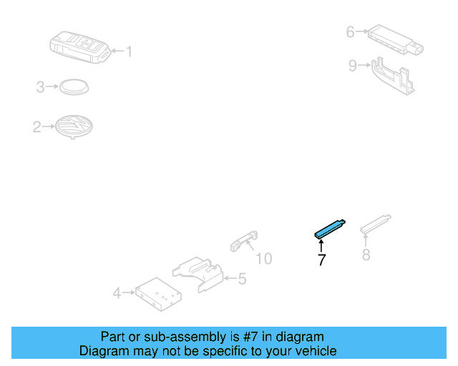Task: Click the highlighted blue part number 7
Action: pyautogui.click(x=331, y=228)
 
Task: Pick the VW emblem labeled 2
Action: pyautogui.click(x=74, y=128)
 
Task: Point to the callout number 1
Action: pyautogui.click(x=130, y=51)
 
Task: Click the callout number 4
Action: pyautogui.click(x=117, y=292)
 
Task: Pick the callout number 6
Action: pyautogui.click(x=350, y=31)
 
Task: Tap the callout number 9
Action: pyautogui.click(x=352, y=66)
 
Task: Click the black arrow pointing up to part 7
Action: pyautogui.click(x=321, y=246)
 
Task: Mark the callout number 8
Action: pyautogui.click(x=366, y=254)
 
